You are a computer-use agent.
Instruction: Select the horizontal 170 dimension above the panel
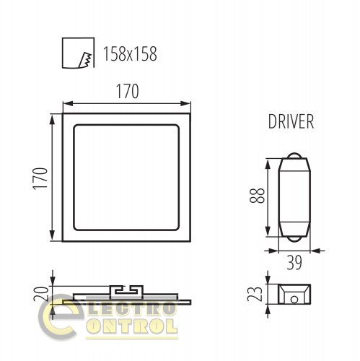coord(126,92)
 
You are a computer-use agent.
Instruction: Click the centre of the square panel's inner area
coord(126,178)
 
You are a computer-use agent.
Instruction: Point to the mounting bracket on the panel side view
coord(127,289)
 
